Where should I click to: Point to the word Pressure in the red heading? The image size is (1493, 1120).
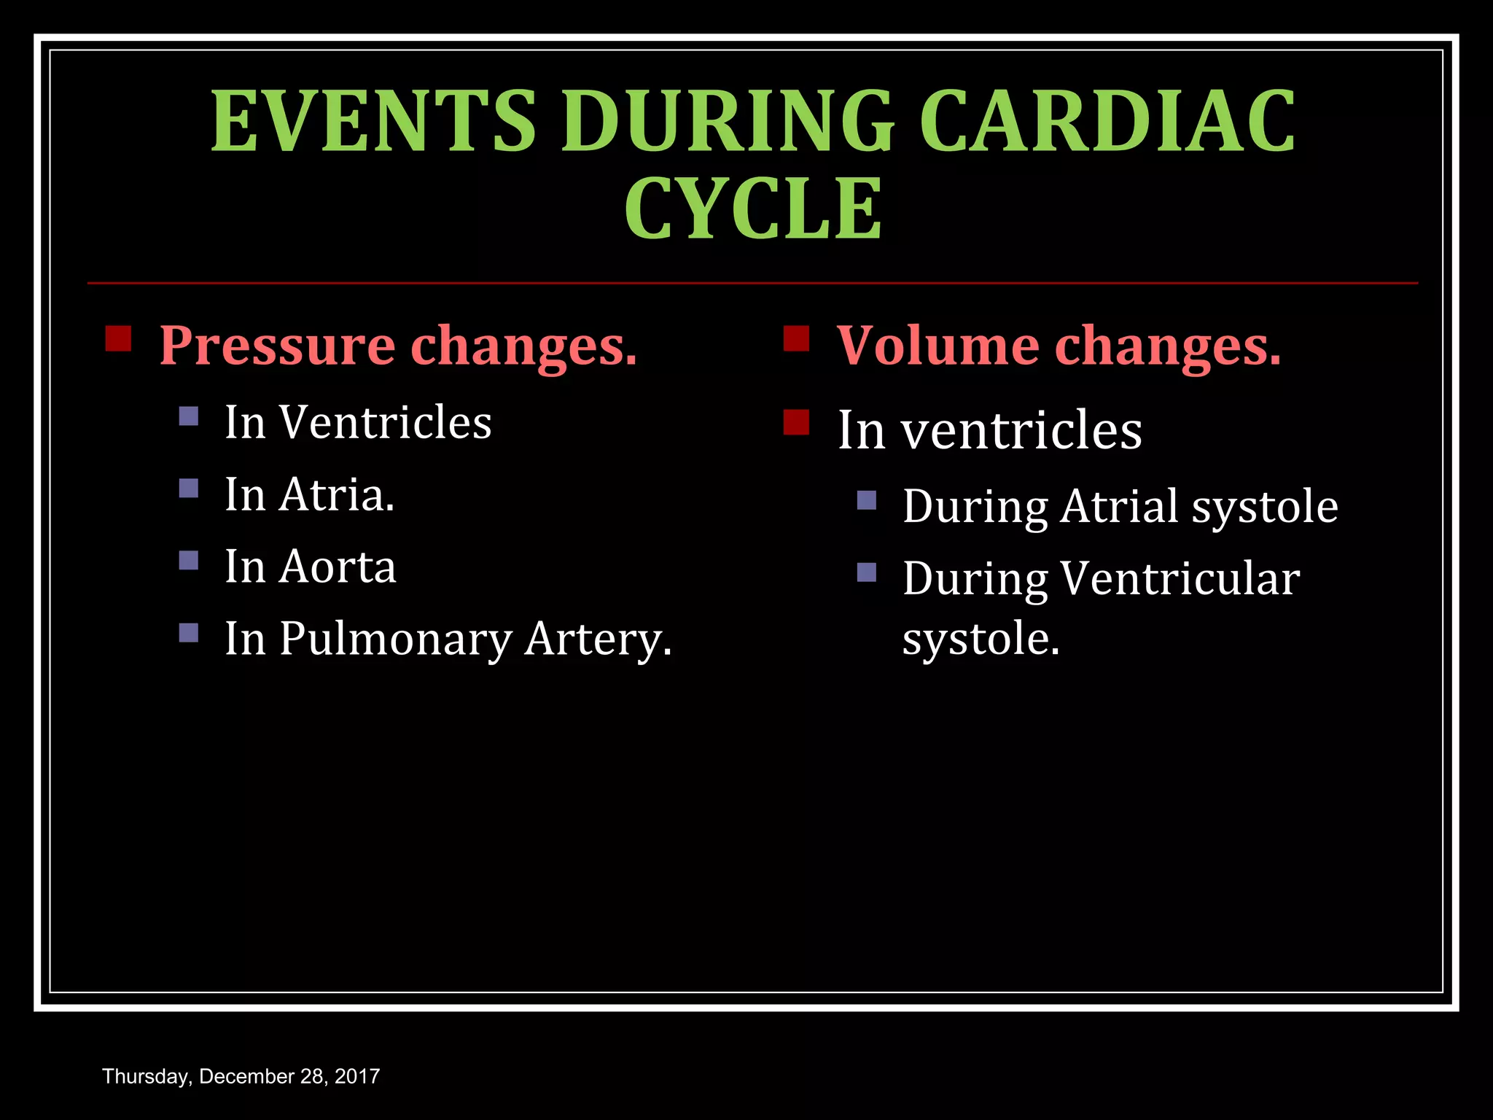click(x=277, y=346)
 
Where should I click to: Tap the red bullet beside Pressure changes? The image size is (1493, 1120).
click(x=118, y=339)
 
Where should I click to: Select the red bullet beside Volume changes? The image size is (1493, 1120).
click(x=796, y=339)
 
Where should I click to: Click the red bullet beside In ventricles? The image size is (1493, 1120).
click(x=796, y=422)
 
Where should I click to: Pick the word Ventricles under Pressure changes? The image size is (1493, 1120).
click(x=386, y=422)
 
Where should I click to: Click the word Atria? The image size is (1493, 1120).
click(x=337, y=495)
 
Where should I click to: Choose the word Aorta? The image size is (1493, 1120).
click(x=338, y=567)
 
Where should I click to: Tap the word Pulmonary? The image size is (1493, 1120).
click(x=396, y=639)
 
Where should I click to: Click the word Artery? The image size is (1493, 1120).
click(x=598, y=639)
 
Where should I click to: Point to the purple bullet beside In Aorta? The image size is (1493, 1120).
click(x=189, y=560)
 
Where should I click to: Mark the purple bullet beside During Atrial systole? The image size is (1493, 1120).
click(x=867, y=500)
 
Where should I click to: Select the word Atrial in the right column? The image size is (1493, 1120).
click(x=1120, y=506)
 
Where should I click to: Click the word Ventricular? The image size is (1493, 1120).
click(x=1180, y=579)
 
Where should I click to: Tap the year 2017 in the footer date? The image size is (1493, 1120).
click(x=357, y=1076)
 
